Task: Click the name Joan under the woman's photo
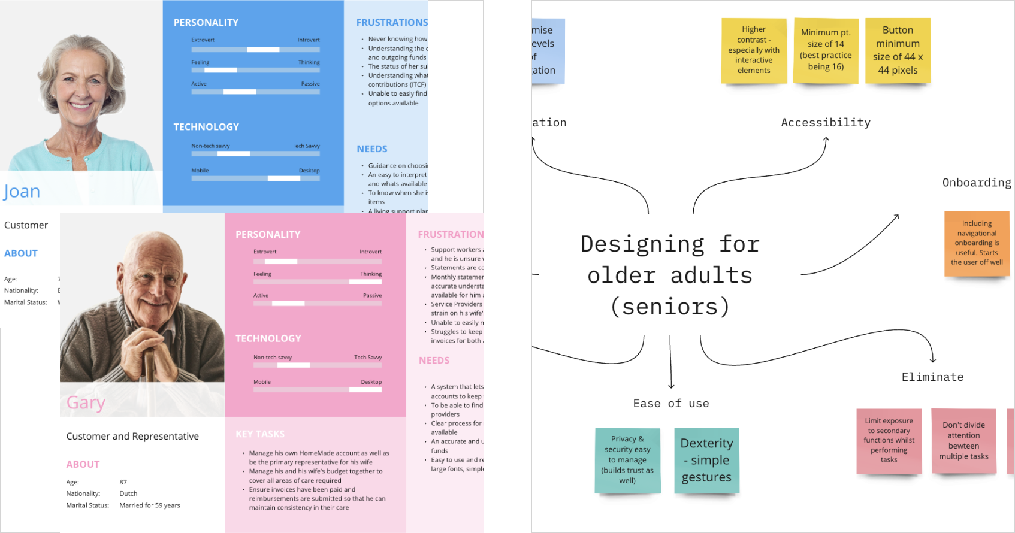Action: coord(22,192)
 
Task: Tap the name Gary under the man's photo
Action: coord(86,402)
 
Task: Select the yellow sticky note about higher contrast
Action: coord(754,50)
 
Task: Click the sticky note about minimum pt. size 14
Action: coord(826,50)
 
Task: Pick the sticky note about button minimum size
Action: coord(898,50)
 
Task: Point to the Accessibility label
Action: coord(826,123)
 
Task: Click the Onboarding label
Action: coord(977,183)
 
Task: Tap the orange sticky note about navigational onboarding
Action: coord(977,243)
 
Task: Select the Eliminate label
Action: coord(932,377)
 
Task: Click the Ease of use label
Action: coord(671,404)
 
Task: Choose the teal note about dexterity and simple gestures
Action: coord(706,460)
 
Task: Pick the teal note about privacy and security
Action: coord(627,460)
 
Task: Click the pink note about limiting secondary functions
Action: coord(889,441)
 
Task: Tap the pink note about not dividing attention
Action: coord(963,441)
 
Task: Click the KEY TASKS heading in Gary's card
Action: coord(260,434)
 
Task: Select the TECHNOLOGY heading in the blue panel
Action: coord(206,127)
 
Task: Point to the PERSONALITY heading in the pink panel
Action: coord(268,235)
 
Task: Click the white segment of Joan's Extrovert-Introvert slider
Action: coord(263,50)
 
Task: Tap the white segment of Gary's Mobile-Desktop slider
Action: coord(365,390)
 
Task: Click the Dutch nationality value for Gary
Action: coord(128,494)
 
